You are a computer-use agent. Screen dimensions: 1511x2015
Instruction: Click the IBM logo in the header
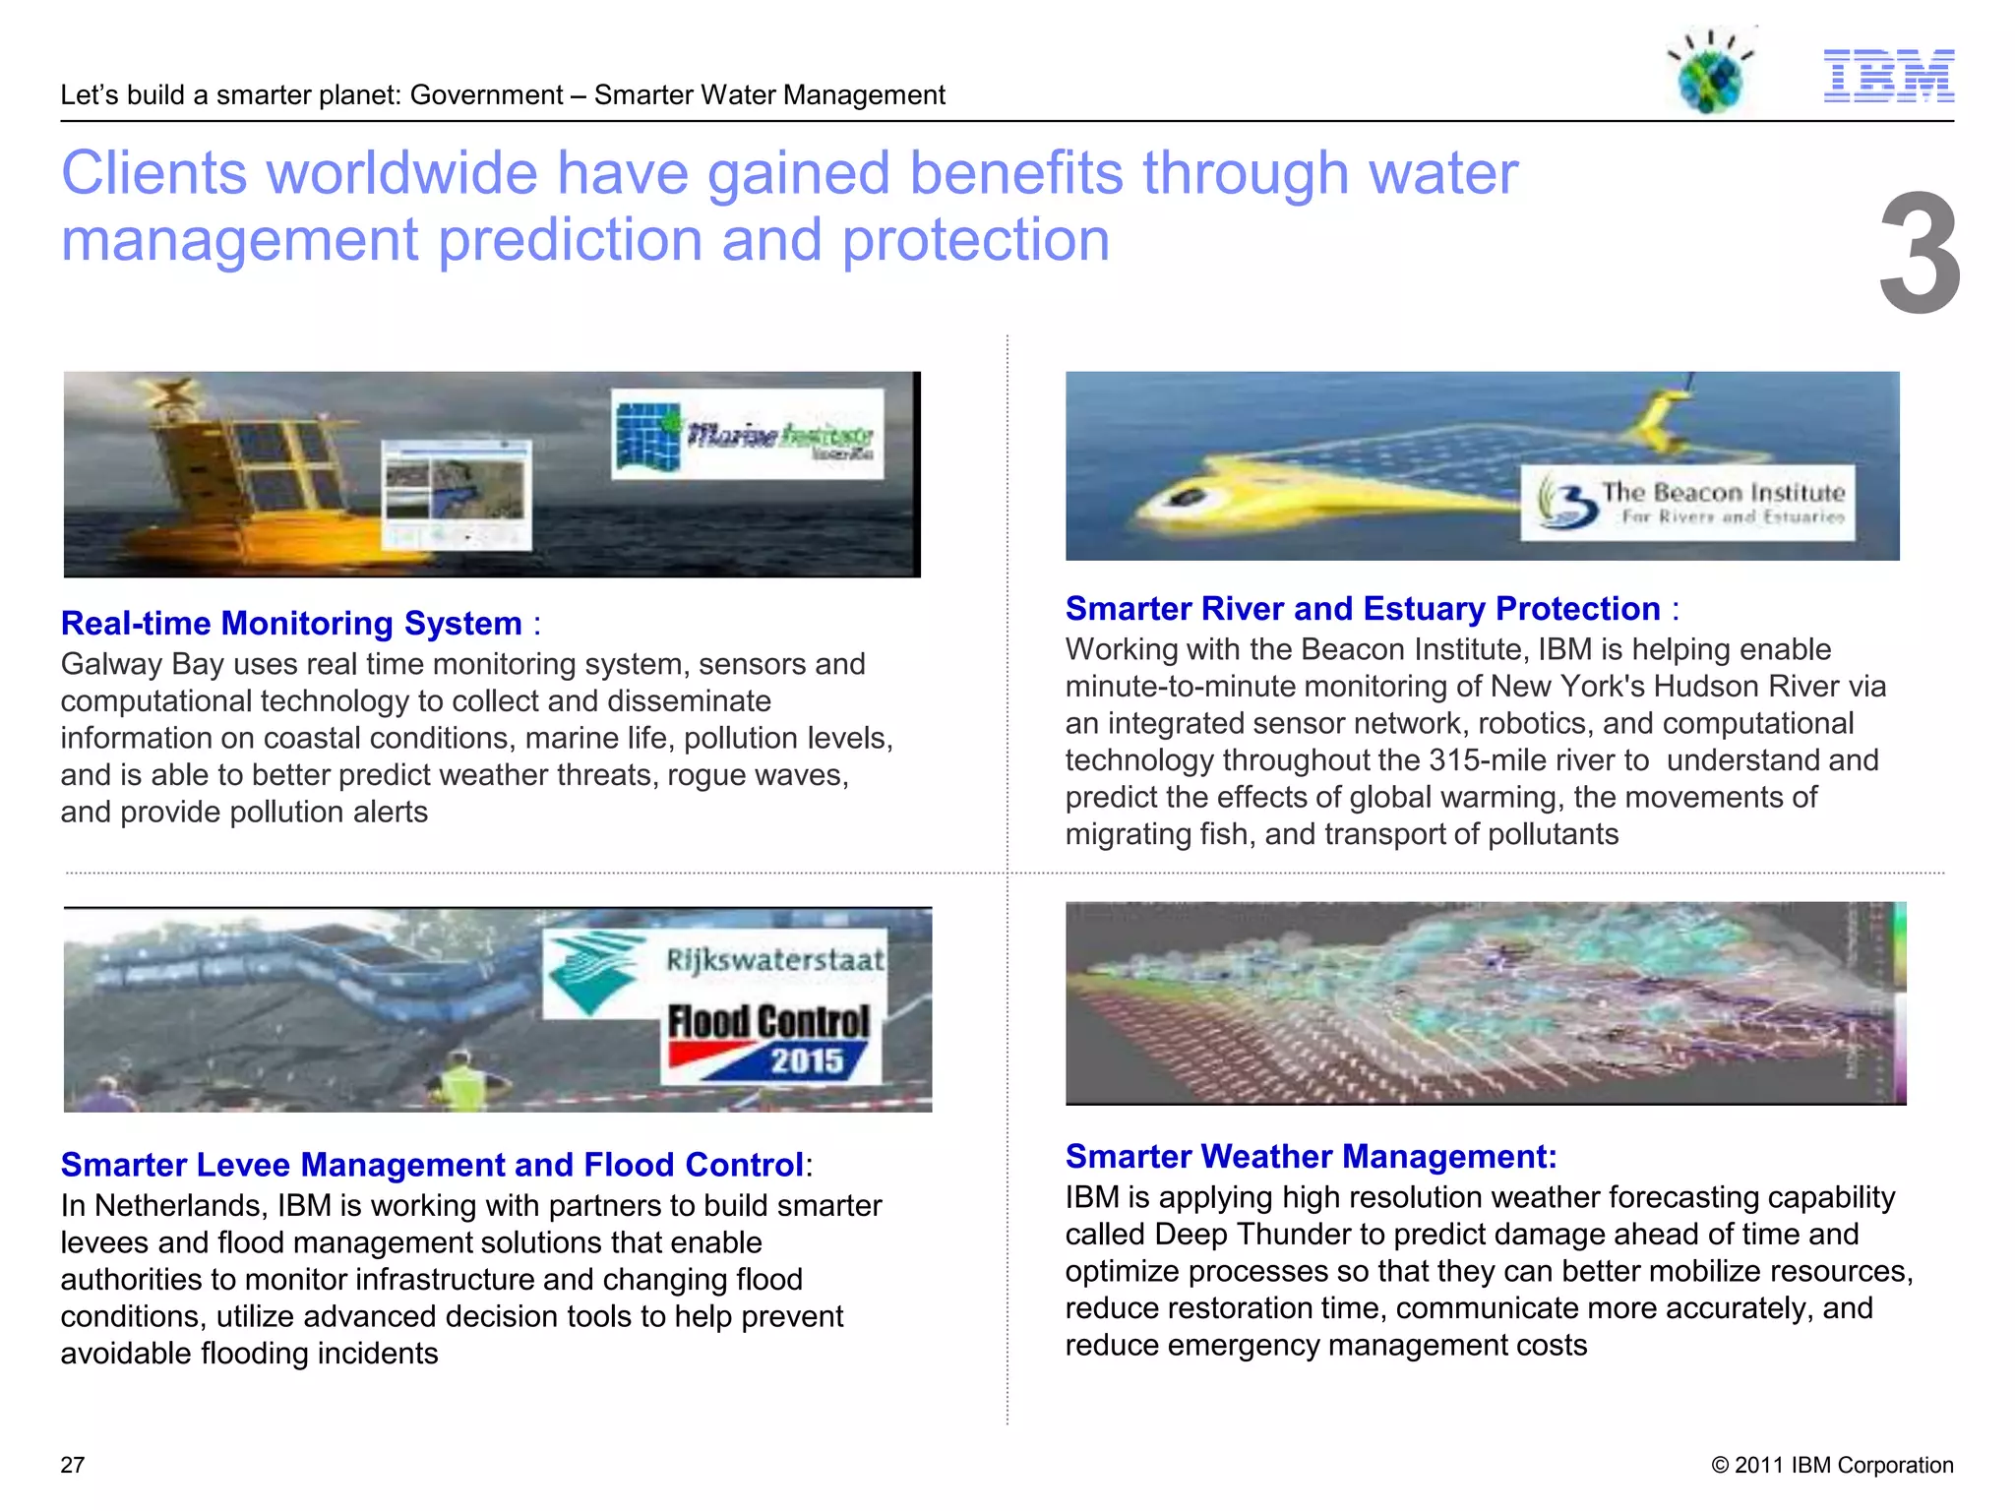pyautogui.click(x=1888, y=76)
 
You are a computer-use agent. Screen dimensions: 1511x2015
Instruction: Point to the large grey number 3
pyautogui.click(x=1919, y=254)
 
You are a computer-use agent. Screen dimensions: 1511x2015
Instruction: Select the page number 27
pyautogui.click(x=73, y=1465)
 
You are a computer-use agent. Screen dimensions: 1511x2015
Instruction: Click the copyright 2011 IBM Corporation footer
pyautogui.click(x=1832, y=1465)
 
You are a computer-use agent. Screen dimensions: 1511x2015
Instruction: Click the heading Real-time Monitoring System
pyautogui.click(x=291, y=623)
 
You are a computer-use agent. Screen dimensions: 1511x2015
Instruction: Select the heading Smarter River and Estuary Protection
pyautogui.click(x=1363, y=608)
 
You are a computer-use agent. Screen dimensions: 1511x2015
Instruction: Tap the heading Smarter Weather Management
pyautogui.click(x=1311, y=1156)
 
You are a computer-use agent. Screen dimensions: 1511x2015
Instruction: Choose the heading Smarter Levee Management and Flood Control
pyautogui.click(x=432, y=1164)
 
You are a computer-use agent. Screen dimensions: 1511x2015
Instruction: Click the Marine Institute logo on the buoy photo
pyautogui.click(x=747, y=435)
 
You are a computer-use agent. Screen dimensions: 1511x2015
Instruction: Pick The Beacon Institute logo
pyautogui.click(x=1688, y=503)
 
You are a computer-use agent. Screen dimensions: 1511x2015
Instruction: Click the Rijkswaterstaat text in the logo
pyautogui.click(x=775, y=960)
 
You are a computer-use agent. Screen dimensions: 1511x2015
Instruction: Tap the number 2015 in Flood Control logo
pyautogui.click(x=807, y=1060)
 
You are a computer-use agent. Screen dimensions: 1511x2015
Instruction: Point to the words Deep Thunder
pyautogui.click(x=1268, y=1234)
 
